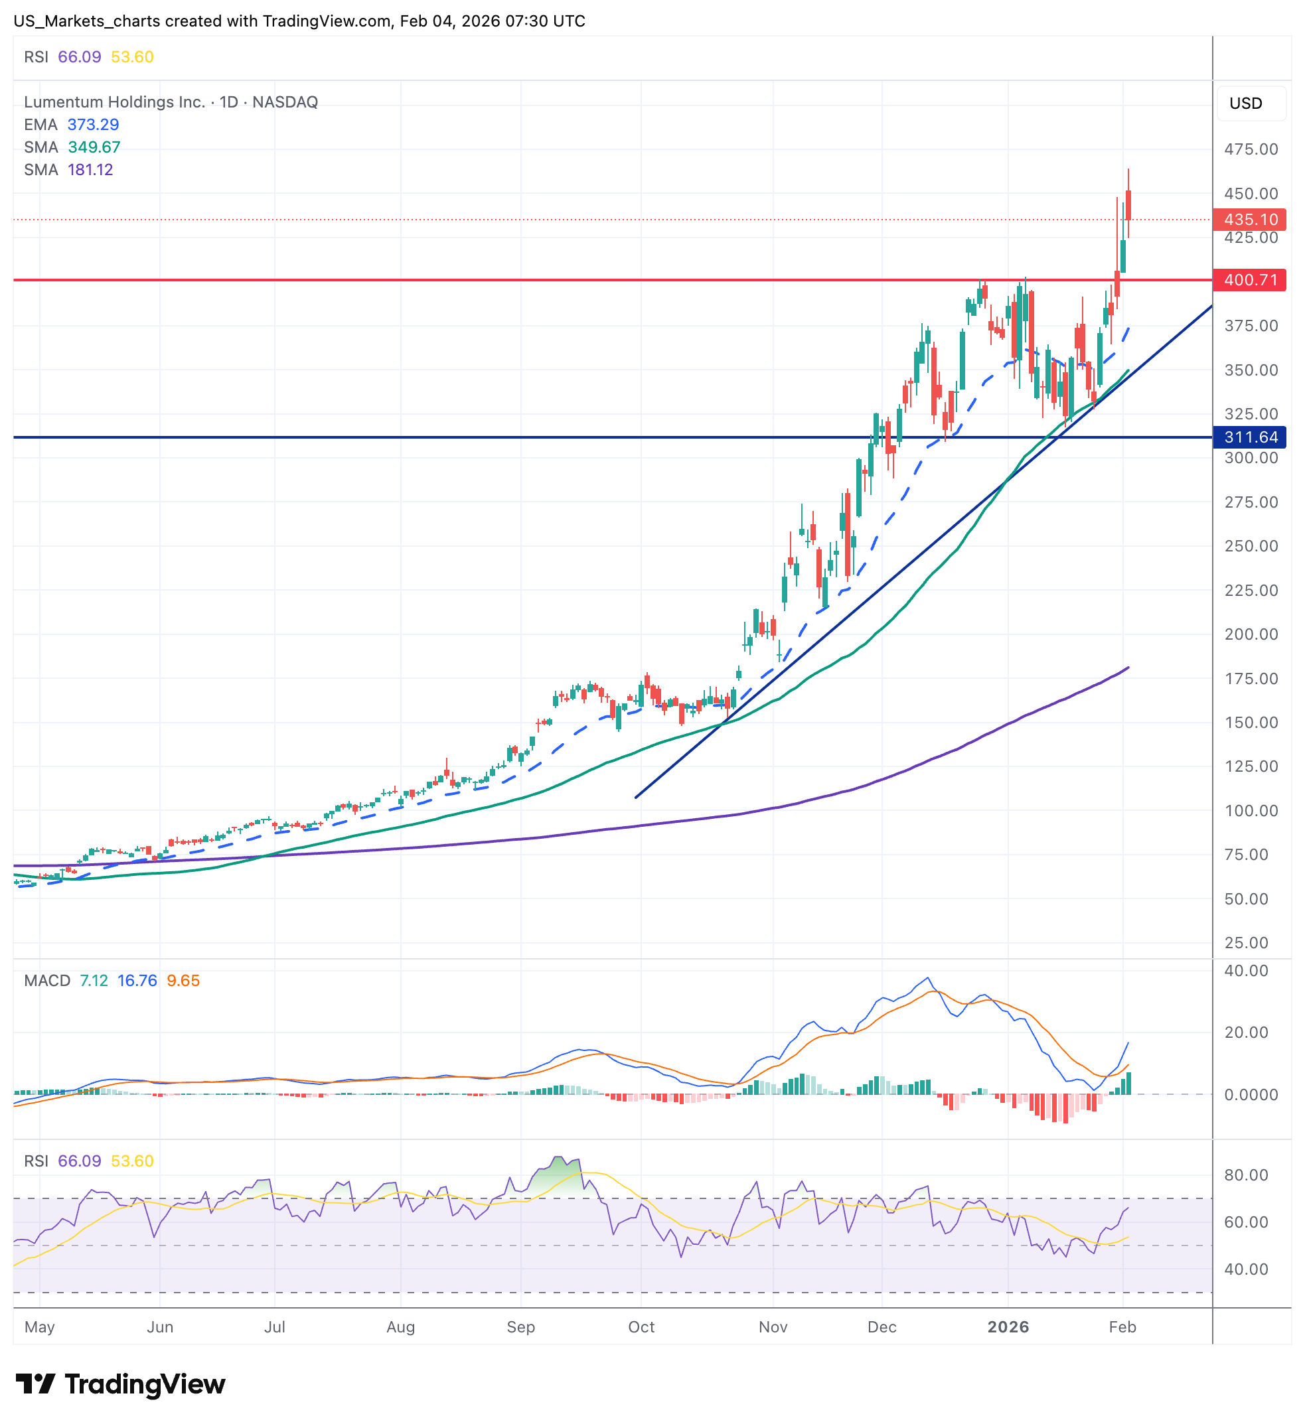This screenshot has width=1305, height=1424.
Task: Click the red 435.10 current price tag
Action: pyautogui.click(x=1249, y=220)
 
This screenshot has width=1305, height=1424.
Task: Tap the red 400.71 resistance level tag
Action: pyautogui.click(x=1249, y=280)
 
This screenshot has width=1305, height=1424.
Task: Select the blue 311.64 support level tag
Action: pyautogui.click(x=1249, y=437)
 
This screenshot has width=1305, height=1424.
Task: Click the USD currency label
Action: pyautogui.click(x=1245, y=103)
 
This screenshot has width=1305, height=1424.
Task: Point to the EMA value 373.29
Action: pyautogui.click(x=94, y=124)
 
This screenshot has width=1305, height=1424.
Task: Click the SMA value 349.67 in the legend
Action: pyautogui.click(x=94, y=147)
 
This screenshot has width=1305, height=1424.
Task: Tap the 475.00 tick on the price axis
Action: pyautogui.click(x=1251, y=149)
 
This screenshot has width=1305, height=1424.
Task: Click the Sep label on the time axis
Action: pyautogui.click(x=520, y=1326)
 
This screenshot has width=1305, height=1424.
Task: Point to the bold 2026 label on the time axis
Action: pyautogui.click(x=1008, y=1326)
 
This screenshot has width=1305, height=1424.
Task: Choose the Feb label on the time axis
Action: pyautogui.click(x=1122, y=1326)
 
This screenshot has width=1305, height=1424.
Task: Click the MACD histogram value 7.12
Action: pyautogui.click(x=94, y=981)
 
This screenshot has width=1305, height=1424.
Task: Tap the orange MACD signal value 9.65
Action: pyautogui.click(x=183, y=981)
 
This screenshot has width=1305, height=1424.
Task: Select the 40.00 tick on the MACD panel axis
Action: pyautogui.click(x=1246, y=971)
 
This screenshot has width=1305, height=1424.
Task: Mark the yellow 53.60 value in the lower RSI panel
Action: pyautogui.click(x=132, y=1161)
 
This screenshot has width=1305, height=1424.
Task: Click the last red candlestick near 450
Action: pyautogui.click(x=1128, y=205)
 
